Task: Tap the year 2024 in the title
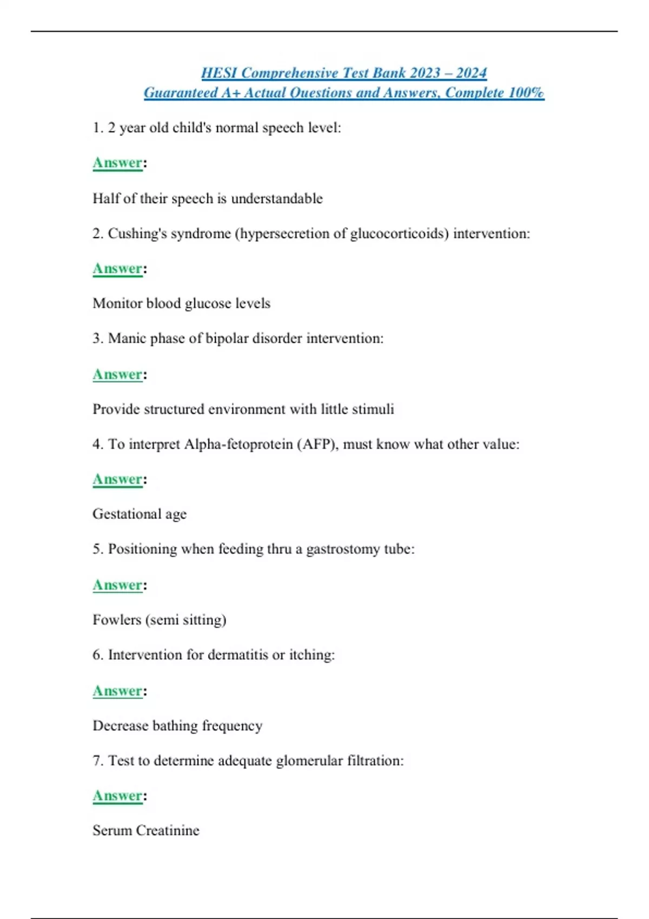[x=471, y=73]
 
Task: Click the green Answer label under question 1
[x=117, y=163]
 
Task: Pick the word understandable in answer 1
[x=276, y=198]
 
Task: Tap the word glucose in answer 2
[x=208, y=303]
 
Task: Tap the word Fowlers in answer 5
[x=116, y=620]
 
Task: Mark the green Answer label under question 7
[x=117, y=796]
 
